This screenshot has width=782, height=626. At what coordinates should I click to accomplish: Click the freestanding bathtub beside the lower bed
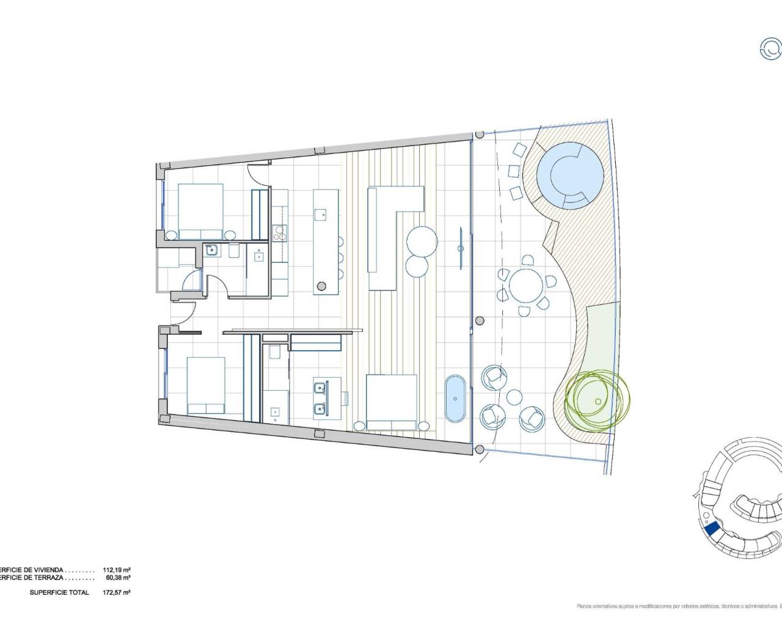click(455, 399)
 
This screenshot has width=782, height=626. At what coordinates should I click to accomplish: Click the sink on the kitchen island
click(320, 214)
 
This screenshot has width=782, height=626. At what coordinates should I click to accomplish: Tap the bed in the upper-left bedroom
click(200, 211)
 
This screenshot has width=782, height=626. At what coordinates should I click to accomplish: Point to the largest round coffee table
click(420, 241)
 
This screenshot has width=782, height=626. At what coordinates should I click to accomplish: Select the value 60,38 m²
click(117, 577)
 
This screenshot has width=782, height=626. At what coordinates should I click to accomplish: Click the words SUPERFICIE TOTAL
click(59, 592)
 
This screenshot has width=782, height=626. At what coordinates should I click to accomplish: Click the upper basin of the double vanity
click(320, 387)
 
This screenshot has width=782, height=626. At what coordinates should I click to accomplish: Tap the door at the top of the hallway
click(259, 174)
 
